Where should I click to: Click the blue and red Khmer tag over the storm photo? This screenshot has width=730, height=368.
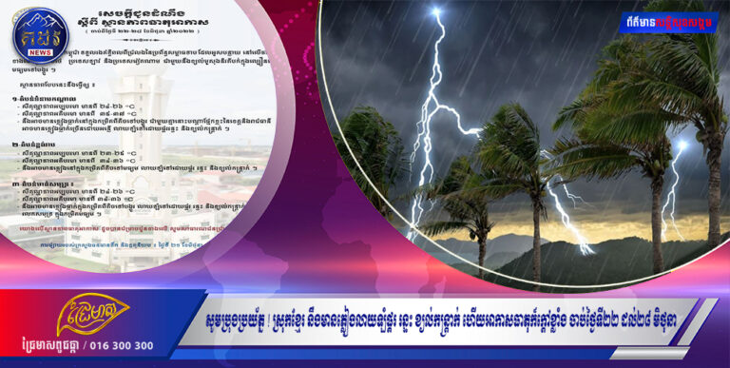(669, 22)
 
